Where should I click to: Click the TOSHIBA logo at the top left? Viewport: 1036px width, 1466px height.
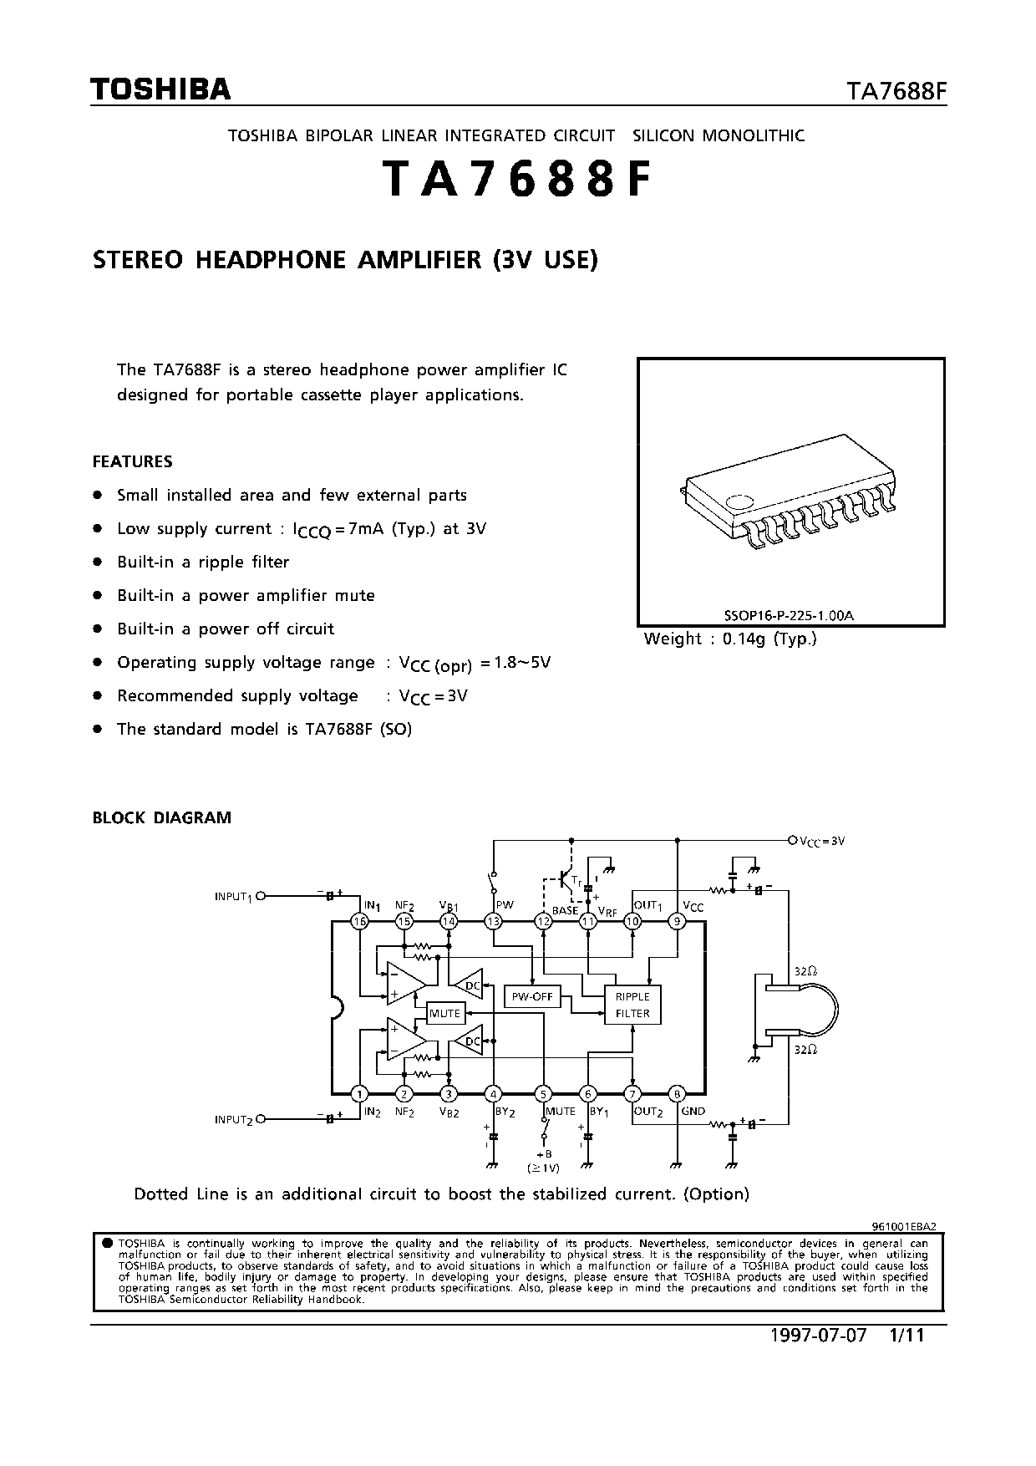[x=160, y=89]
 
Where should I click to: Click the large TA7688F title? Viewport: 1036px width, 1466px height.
[x=515, y=180]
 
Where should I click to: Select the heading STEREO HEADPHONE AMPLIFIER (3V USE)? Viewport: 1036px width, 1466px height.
[x=345, y=260]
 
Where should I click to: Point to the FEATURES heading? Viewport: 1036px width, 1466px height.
[x=132, y=461]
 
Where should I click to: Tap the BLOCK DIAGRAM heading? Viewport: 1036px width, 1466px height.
[x=161, y=817]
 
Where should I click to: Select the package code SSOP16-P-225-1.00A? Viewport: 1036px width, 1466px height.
[x=789, y=616]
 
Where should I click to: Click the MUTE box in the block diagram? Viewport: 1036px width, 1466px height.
[x=444, y=1013]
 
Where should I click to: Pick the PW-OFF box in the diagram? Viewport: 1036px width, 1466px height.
[x=532, y=997]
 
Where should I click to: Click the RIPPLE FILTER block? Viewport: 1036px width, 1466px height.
[x=632, y=1005]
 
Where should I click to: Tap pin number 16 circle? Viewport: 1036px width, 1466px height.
[x=359, y=921]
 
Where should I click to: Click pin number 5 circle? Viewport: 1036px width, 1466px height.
[x=544, y=1093]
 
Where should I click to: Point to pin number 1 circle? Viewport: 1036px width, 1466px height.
[x=359, y=1093]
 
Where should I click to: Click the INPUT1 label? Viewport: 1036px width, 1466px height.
[x=233, y=897]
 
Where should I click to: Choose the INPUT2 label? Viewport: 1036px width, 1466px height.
[x=233, y=1119]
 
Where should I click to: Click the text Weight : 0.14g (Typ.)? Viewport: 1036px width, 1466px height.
[x=729, y=639]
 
